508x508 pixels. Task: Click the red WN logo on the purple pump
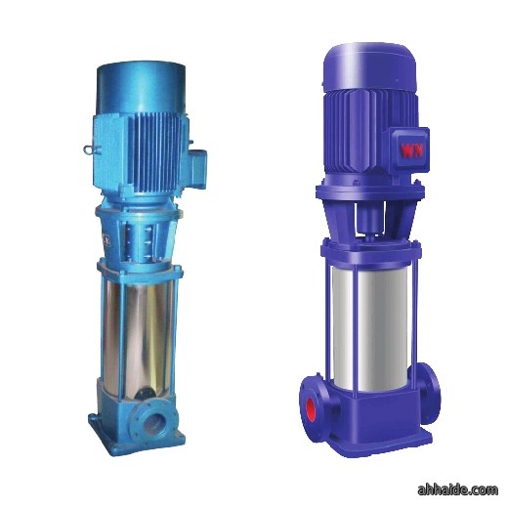tap(412, 150)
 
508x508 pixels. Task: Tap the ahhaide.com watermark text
tap(457, 489)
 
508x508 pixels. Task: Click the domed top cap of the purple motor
tap(370, 66)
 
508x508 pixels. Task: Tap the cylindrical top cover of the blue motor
tap(141, 87)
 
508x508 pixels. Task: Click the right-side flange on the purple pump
tap(429, 394)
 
